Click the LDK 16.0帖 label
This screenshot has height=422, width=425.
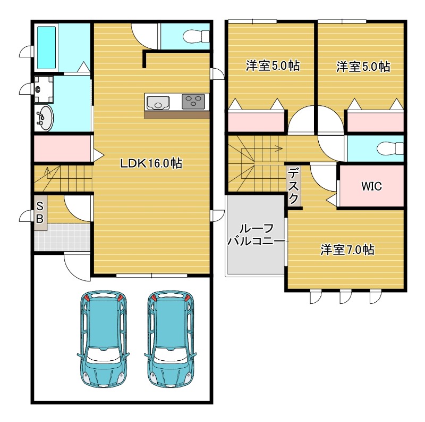tap(151, 163)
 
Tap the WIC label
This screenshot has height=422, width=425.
tap(371, 186)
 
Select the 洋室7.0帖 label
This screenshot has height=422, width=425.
tap(347, 250)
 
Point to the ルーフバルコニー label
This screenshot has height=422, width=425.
tap(257, 235)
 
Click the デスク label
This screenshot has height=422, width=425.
tap(294, 186)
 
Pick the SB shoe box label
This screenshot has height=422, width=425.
tap(40, 212)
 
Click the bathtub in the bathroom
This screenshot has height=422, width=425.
tap(46, 48)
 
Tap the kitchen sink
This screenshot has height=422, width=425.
tap(158, 103)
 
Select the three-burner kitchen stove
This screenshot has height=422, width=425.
tap(193, 102)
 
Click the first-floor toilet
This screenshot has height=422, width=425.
tap(196, 36)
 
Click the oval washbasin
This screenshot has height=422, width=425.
tap(44, 118)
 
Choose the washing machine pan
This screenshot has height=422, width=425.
tap(44, 89)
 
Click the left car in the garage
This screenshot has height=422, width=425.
tap(103, 338)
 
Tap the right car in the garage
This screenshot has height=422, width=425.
tap(171, 338)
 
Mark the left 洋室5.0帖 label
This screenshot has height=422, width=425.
tap(273, 65)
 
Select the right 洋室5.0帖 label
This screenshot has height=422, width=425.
tap(363, 67)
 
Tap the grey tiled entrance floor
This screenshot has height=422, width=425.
tap(62, 237)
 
